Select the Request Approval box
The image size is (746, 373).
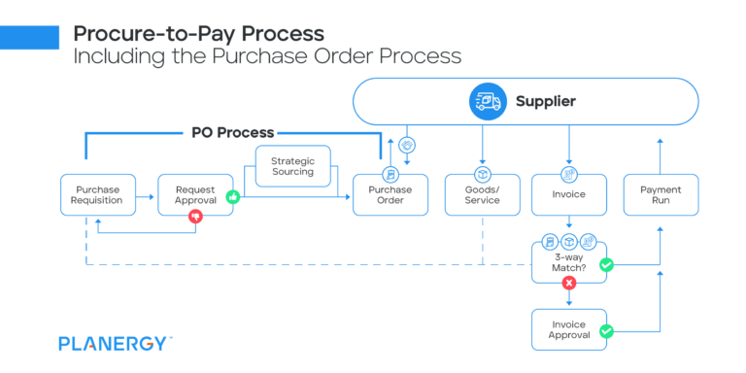195,194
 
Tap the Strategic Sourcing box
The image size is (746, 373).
292,166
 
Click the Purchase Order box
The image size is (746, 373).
390,194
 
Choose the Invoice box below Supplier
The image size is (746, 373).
568,194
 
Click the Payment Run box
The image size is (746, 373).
660,194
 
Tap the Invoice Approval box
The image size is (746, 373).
568,329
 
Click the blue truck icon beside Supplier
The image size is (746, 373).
486,101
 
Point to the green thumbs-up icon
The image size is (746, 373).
232,196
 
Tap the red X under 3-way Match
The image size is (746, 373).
568,284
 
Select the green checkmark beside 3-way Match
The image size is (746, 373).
606,264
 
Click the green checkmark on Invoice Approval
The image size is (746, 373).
606,331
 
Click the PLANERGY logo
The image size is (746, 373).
116,343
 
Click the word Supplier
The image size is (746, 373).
545,101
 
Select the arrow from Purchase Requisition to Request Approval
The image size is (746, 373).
145,195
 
